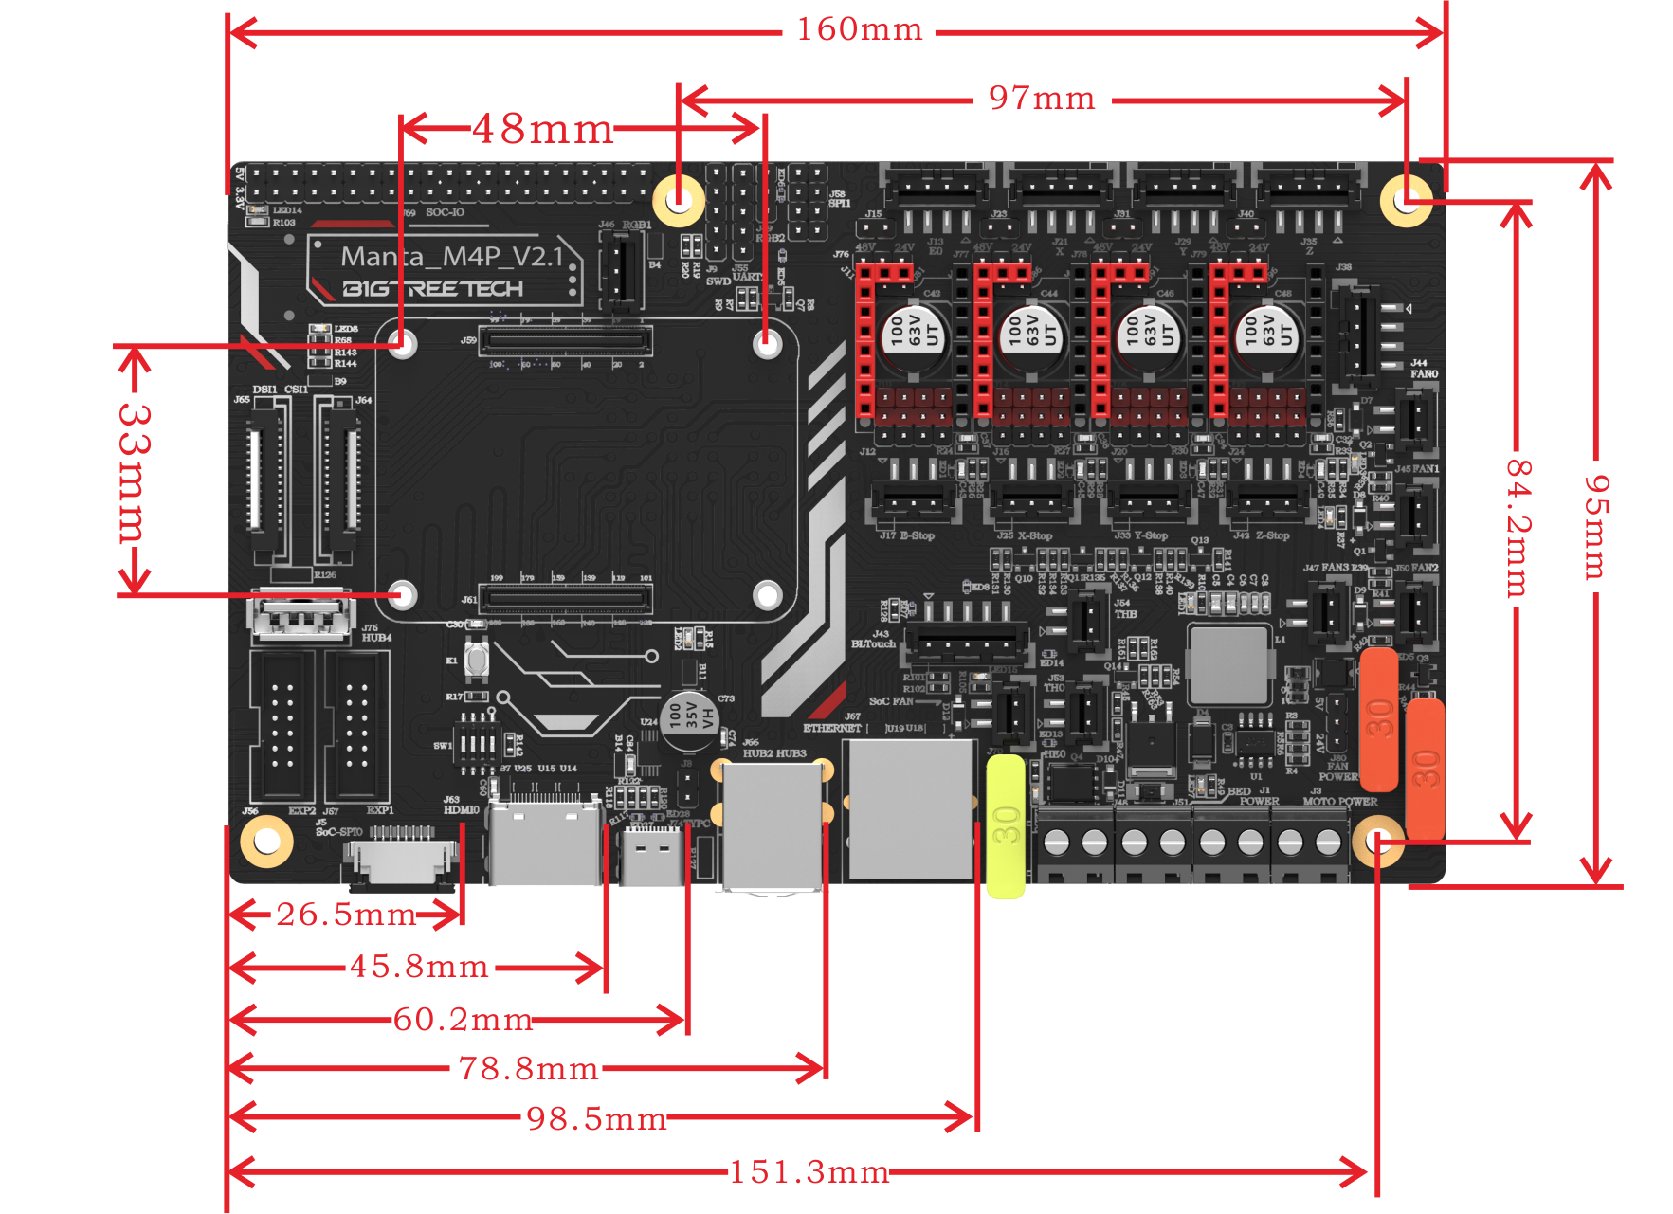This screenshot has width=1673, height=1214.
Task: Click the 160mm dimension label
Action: [859, 29]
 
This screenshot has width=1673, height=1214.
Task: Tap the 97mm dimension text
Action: [1042, 98]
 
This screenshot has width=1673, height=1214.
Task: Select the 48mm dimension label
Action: [543, 129]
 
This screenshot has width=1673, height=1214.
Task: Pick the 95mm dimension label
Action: [1597, 526]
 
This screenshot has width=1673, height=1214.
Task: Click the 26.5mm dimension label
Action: [346, 915]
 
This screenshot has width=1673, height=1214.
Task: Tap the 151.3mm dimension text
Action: [809, 1172]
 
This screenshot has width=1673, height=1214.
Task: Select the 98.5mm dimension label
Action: [596, 1118]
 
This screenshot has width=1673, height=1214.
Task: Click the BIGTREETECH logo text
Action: [432, 289]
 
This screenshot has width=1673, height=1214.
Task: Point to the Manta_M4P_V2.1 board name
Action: [452, 257]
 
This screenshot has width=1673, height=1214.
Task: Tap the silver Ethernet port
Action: [911, 809]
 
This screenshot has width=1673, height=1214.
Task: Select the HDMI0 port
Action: [545, 843]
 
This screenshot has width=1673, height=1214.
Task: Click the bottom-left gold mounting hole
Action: [266, 841]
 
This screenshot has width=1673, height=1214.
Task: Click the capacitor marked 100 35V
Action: [690, 716]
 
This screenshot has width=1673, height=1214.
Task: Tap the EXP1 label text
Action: [380, 811]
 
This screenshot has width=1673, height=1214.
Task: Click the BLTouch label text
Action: [873, 644]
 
